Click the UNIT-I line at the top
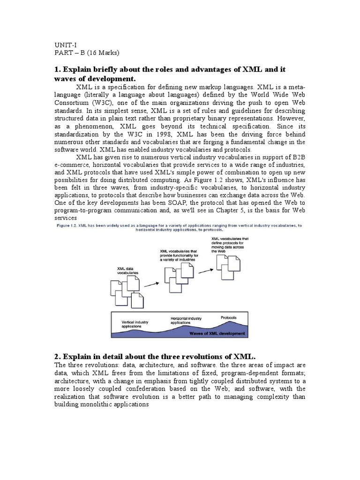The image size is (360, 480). coord(65,45)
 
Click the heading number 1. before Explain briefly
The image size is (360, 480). coord(59,69)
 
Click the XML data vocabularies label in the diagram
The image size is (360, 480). coord(128,270)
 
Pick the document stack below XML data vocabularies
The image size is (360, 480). coord(125,293)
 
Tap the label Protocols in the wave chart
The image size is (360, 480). coord(228,318)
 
